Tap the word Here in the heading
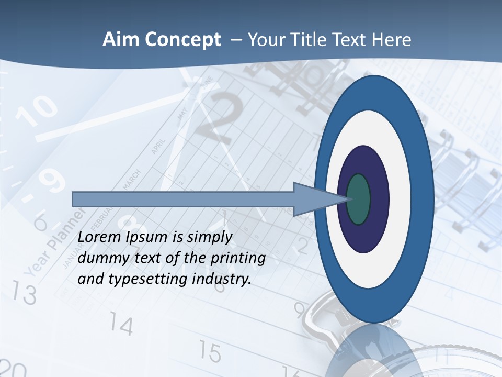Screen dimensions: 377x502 pyautogui.click(x=392, y=40)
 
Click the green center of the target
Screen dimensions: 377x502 pyautogui.click(x=358, y=199)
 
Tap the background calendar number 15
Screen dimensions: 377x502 pyautogui.click(x=210, y=352)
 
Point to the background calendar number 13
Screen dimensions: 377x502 pyautogui.click(x=25, y=293)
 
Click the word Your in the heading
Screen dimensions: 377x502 pyautogui.click(x=264, y=40)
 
